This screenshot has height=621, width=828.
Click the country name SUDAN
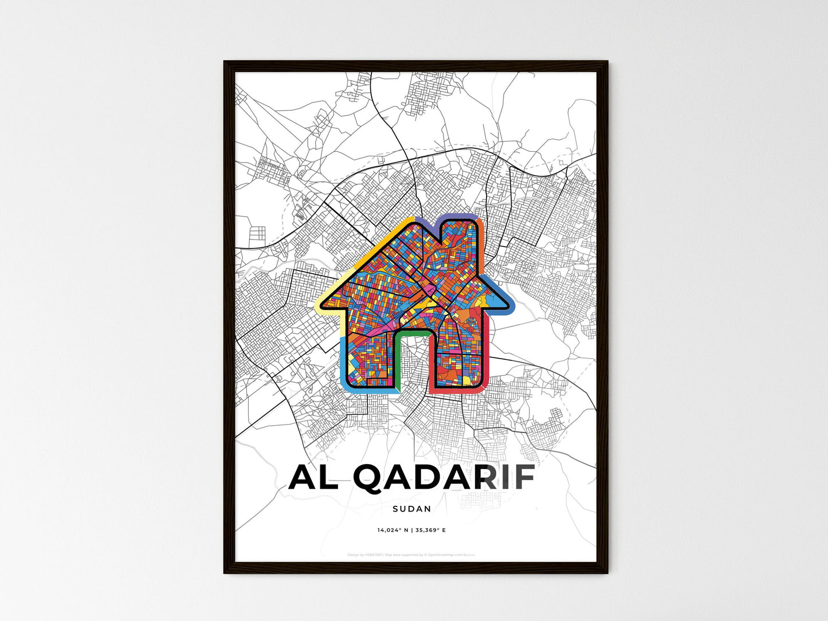point(412,508)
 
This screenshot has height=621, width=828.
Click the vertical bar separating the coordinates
point(412,530)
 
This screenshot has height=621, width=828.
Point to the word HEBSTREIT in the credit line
point(374,555)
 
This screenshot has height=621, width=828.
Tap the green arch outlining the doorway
point(412,332)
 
